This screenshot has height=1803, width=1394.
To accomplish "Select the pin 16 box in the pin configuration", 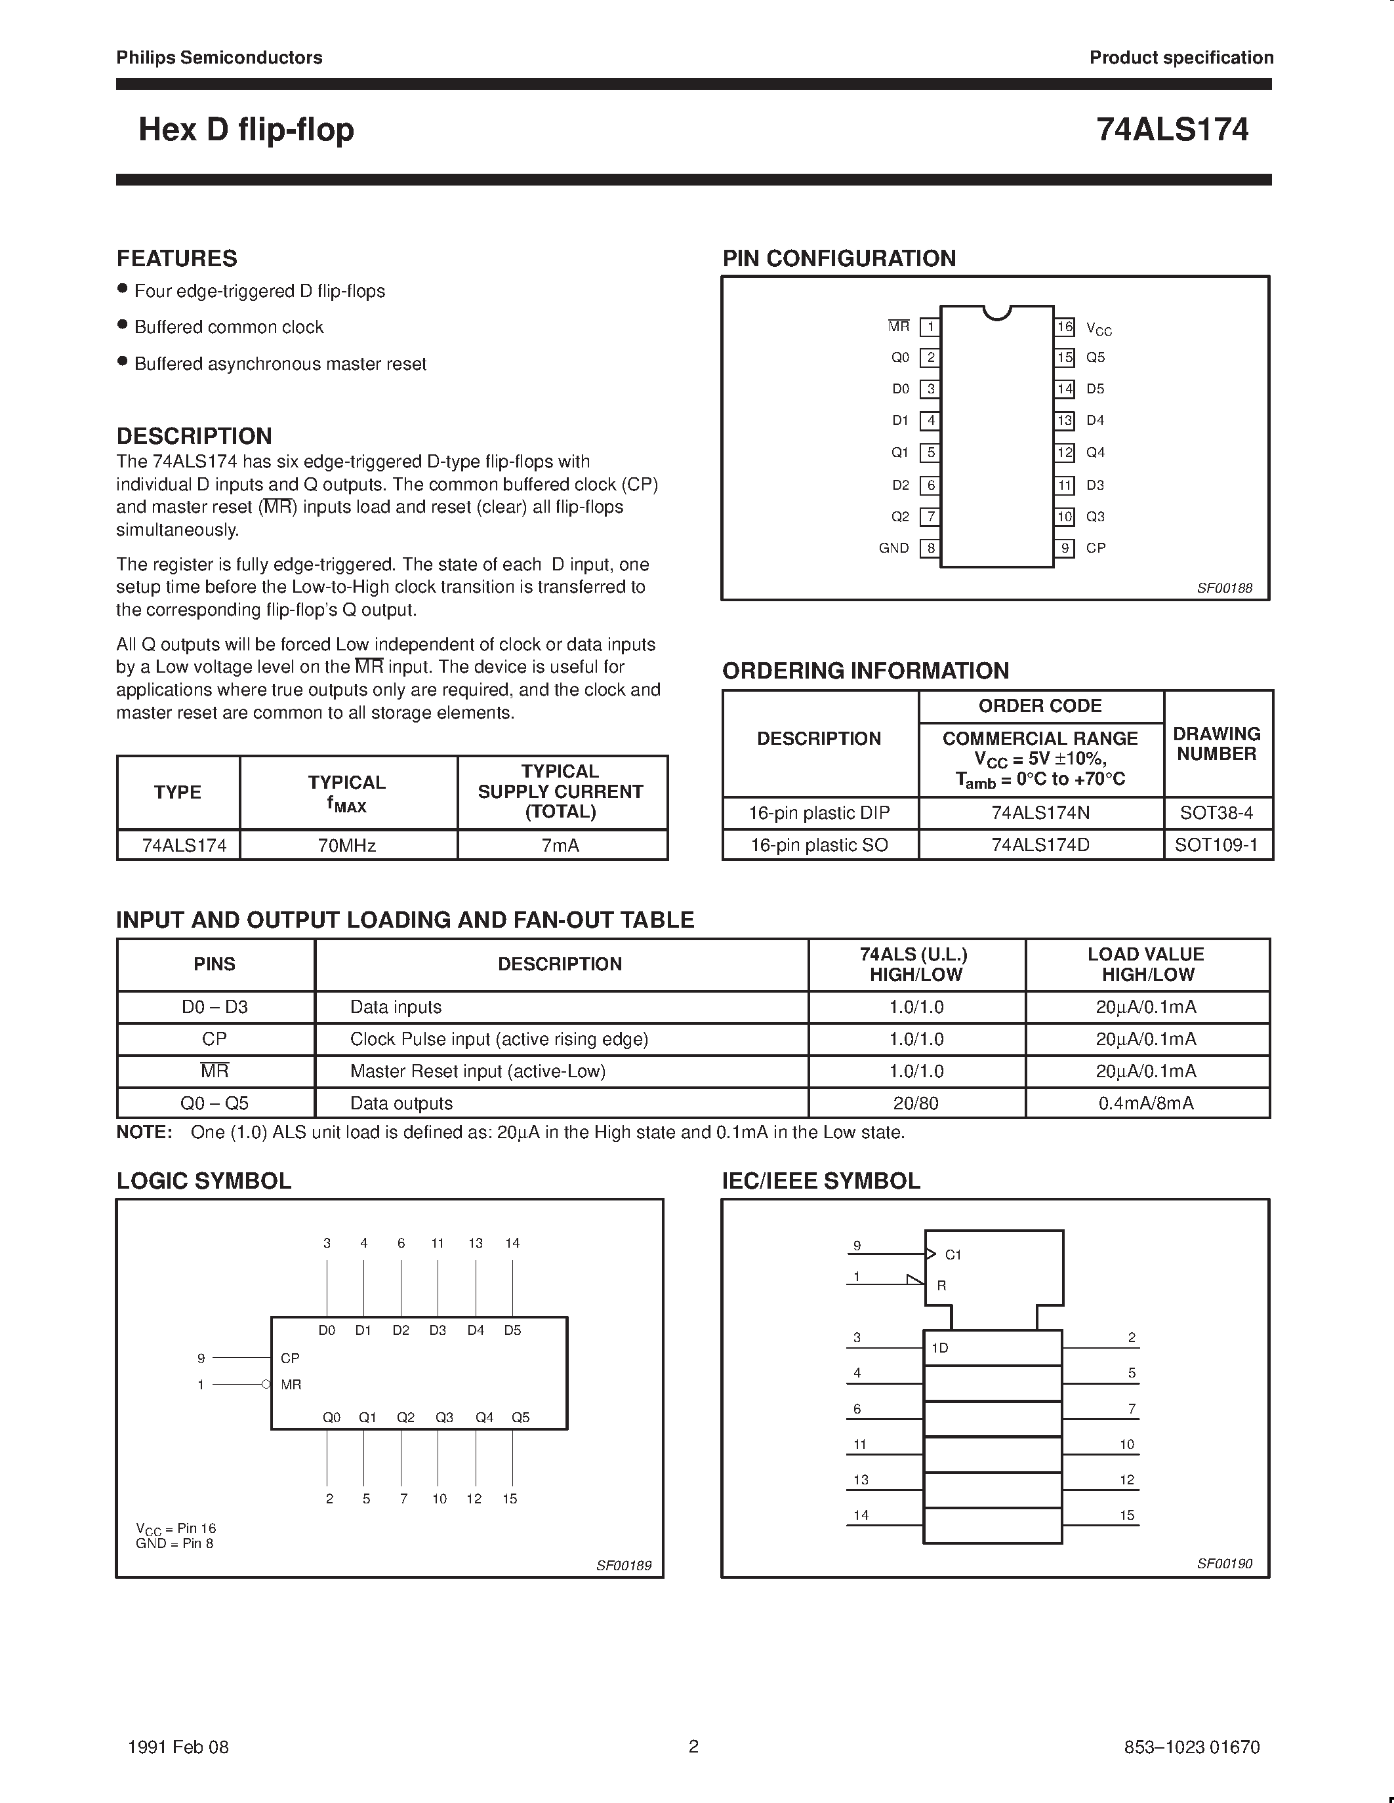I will click(x=1065, y=327).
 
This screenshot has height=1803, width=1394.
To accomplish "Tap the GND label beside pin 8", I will click(x=893, y=548).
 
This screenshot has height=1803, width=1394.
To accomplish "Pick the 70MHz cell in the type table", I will click(x=348, y=845).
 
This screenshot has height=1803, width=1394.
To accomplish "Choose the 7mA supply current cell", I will click(x=561, y=845).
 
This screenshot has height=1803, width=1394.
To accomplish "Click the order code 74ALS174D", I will click(x=1040, y=845).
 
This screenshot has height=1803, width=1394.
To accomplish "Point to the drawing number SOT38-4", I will click(x=1216, y=813).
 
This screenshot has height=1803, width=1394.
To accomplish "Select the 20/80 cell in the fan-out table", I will click(x=916, y=1103).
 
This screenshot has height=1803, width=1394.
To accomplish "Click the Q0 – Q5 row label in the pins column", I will click(x=215, y=1103).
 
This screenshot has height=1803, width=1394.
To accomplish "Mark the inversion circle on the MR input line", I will click(x=266, y=1385).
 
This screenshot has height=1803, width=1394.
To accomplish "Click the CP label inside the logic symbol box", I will click(x=290, y=1358).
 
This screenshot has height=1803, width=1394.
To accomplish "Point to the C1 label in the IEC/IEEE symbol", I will click(x=953, y=1255).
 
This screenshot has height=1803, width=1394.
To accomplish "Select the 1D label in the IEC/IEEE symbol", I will click(x=940, y=1348).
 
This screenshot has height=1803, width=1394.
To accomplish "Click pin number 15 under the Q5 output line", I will click(x=510, y=1498).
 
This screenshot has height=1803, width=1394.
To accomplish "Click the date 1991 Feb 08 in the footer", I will click(x=178, y=1747).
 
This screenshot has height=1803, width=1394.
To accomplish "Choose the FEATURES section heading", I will click(x=176, y=258).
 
